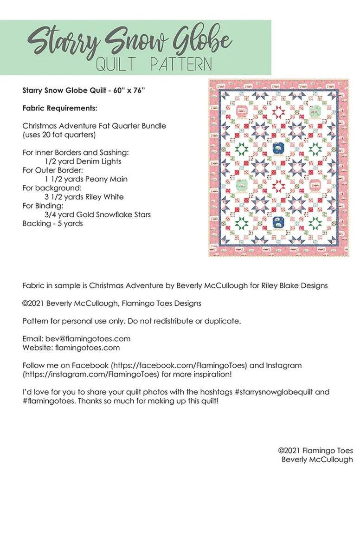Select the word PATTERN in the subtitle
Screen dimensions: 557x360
[x=181, y=64]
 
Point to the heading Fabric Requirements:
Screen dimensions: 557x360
[x=60, y=108]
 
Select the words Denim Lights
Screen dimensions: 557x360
[x=100, y=162]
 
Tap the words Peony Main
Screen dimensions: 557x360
[x=106, y=179]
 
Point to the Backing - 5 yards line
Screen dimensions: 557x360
[x=52, y=223]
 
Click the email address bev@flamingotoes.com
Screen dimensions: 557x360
[x=88, y=338]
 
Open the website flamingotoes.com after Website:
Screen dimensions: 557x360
[x=87, y=347]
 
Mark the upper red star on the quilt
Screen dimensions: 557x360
[x=278, y=112]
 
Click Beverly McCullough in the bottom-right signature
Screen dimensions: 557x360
[x=317, y=460]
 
